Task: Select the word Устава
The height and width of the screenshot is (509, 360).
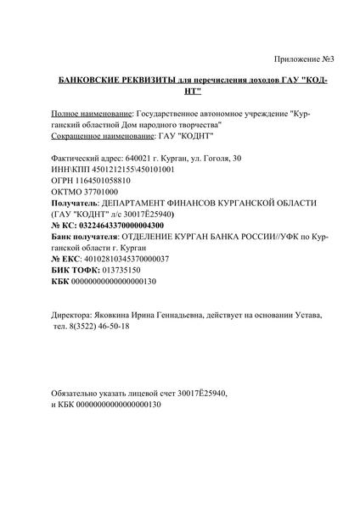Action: [x=306, y=315]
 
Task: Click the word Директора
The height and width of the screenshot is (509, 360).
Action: [x=75, y=315]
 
